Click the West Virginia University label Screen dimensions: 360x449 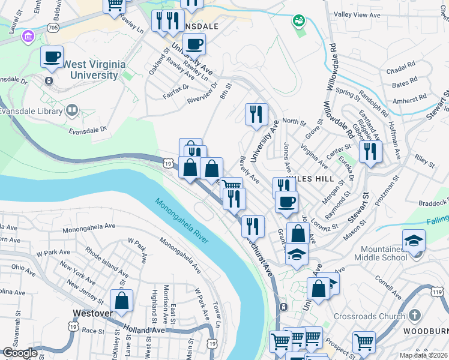tap(82, 69)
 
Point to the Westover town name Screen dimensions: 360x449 tap(93, 313)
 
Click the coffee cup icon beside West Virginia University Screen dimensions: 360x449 tap(52, 56)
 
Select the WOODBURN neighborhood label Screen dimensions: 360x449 tap(426, 331)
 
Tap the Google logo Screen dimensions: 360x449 tap(20, 353)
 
